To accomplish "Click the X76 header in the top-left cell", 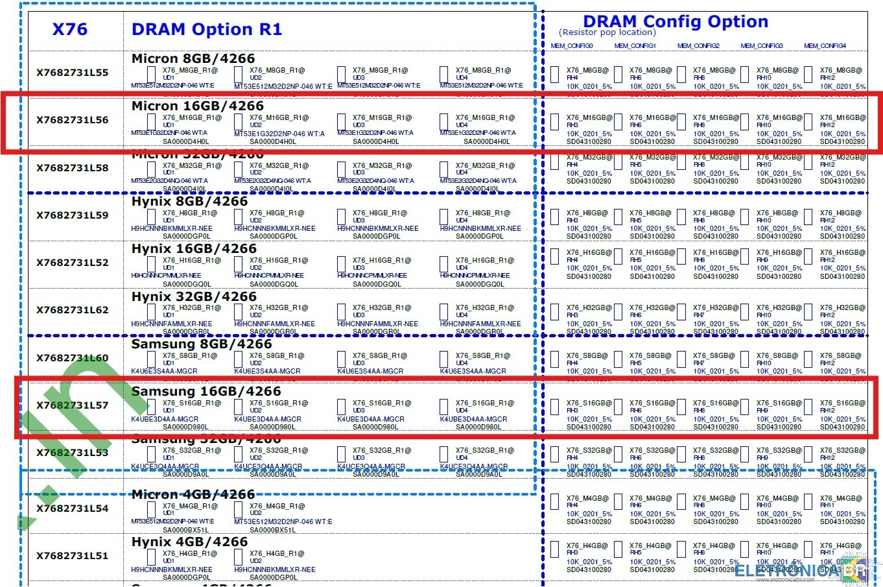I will [69, 29].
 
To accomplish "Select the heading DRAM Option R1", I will [207, 29].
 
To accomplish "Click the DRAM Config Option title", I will [676, 21].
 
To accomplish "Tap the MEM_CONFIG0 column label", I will [572, 46].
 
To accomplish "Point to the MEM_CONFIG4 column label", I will [825, 46].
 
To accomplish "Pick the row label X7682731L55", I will [73, 73].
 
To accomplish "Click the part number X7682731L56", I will [73, 120].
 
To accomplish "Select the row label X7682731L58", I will [73, 168].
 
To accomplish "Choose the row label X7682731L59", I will [73, 215].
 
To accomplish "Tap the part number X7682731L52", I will [73, 263].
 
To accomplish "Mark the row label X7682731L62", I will [73, 310].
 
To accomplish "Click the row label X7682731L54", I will [73, 509].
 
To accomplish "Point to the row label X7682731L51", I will [73, 556].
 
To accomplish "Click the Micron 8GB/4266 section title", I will [193, 58].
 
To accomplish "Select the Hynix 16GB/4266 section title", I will [194, 249].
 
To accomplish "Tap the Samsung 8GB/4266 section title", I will [202, 344].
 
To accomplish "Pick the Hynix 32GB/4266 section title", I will [194, 297].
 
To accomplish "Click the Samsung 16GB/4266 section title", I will [206, 392].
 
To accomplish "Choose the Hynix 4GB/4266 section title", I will [189, 542].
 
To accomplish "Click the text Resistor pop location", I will [607, 32].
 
